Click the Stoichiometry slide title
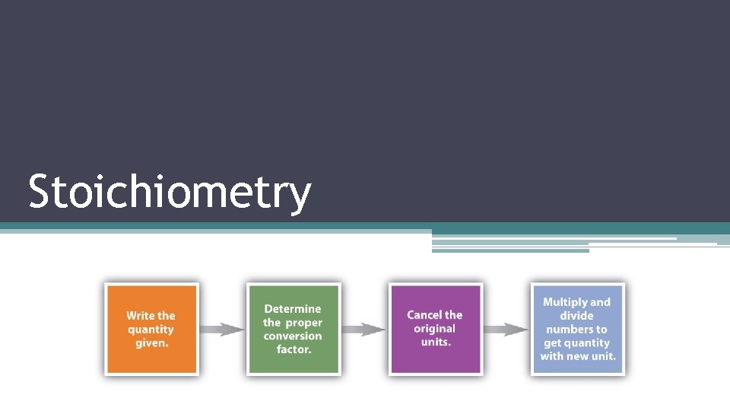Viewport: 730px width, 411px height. click(170, 192)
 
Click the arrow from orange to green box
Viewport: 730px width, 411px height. click(222, 330)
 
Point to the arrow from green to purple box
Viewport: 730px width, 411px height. click(363, 330)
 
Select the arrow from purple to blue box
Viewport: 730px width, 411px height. click(506, 330)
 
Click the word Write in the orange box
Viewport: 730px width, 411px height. click(140, 316)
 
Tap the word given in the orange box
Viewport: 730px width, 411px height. click(151, 343)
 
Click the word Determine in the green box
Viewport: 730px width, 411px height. click(293, 309)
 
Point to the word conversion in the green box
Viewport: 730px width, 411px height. click(293, 336)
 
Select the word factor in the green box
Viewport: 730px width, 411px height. click(294, 350)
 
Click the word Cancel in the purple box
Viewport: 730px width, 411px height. click(424, 315)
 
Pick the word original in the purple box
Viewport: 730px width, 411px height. click(434, 329)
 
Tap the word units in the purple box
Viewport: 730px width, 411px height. click(436, 342)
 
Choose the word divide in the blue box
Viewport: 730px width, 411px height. click(576, 316)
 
